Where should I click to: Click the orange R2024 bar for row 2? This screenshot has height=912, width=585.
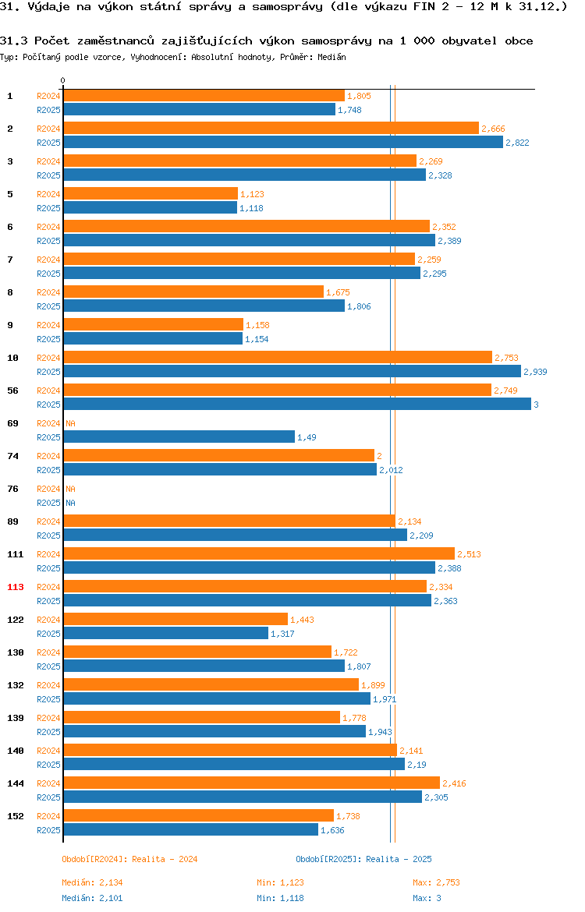tap(271, 129)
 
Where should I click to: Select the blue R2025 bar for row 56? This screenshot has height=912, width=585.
tap(297, 405)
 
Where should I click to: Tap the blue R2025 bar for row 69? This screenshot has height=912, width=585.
tap(179, 437)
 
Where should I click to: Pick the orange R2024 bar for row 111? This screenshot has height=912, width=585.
tap(259, 553)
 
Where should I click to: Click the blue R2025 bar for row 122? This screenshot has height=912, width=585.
tap(166, 634)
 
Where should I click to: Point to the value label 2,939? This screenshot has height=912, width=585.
tap(535, 372)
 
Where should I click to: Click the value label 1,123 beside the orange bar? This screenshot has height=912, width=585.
tap(252, 194)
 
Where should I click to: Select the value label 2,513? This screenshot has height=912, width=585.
tap(469, 554)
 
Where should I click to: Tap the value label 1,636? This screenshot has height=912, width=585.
tap(332, 831)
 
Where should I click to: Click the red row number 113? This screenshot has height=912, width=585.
tap(15, 587)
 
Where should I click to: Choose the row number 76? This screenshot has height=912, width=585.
tap(12, 489)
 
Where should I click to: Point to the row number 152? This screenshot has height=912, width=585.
tap(15, 816)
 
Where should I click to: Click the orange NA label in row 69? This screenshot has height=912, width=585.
tap(70, 423)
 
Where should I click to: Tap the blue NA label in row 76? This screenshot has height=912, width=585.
tap(70, 503)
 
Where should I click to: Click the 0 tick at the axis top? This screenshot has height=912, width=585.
tap(63, 81)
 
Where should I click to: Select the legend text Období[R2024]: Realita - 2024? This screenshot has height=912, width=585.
tap(129, 859)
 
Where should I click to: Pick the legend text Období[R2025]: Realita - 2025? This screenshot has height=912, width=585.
tap(363, 859)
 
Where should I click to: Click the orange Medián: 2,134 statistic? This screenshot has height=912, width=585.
tap(93, 882)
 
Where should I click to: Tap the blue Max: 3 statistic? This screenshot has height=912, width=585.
tap(427, 898)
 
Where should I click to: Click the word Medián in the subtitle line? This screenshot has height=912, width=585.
tap(331, 57)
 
